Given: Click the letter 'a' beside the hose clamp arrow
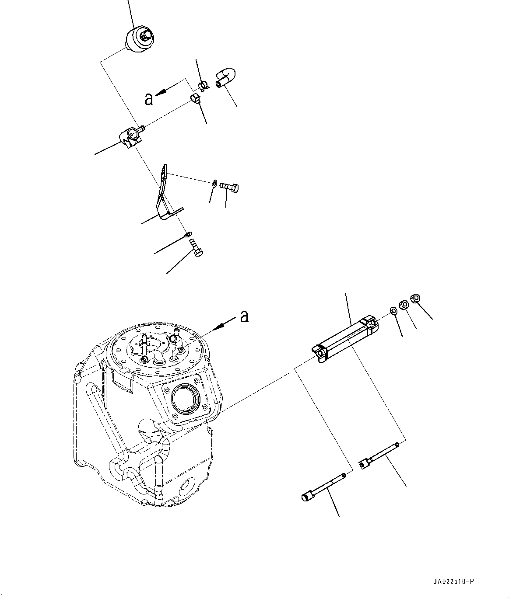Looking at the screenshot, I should point(149,99).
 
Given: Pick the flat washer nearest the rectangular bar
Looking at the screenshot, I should point(393,311).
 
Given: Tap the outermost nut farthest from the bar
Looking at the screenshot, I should point(416,298).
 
